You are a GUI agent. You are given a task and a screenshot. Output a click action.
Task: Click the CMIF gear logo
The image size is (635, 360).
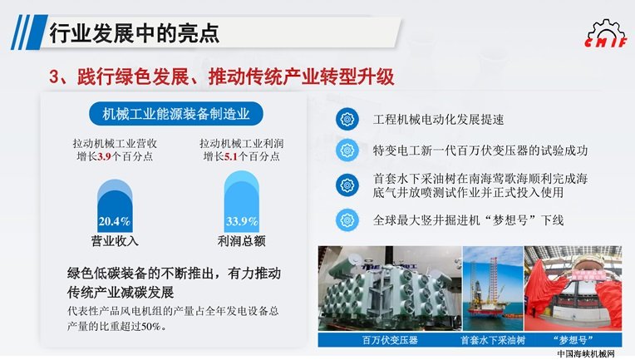pos(606,33)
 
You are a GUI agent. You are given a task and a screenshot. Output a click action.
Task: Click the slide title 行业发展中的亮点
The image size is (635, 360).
pos(135,33)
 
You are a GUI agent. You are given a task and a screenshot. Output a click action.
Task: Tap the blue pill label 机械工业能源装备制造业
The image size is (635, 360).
pos(175,114)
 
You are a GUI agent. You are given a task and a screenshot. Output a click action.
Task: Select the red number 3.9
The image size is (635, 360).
pos(104,156)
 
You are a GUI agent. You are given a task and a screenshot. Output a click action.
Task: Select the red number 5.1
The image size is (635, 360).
pos(231,156)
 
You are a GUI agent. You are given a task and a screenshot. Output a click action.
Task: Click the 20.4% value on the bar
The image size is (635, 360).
pos(115,221)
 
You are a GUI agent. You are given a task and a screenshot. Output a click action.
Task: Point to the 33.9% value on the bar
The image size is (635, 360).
pos(242,221)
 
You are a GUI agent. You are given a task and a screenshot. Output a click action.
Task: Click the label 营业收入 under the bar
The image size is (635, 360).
pos(115,241)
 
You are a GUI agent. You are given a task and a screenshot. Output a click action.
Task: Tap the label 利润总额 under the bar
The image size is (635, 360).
pos(241,241)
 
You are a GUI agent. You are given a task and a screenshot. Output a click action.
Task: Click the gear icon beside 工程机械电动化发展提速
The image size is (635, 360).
pos(347,120)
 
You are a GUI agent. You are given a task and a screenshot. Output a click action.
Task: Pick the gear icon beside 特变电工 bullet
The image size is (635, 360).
pos(347,150)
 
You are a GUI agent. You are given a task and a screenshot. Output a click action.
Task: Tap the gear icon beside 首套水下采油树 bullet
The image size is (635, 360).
pos(347,185)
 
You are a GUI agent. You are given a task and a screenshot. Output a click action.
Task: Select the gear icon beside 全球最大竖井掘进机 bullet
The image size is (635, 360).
pos(347,220)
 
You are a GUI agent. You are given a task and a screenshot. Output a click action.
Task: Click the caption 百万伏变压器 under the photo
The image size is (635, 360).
pos(390,340)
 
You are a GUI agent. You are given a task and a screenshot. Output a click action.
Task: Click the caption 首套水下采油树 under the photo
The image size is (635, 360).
pos(493,340)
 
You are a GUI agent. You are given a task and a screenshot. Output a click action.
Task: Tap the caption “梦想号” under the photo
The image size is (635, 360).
pos(573,340)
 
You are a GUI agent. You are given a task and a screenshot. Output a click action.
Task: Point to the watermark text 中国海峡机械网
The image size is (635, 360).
pos(586,353)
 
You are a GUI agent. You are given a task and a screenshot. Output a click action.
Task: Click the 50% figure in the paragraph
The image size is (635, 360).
pos(151,326)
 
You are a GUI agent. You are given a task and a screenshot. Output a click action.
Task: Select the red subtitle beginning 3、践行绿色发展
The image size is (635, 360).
pos(222,76)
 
